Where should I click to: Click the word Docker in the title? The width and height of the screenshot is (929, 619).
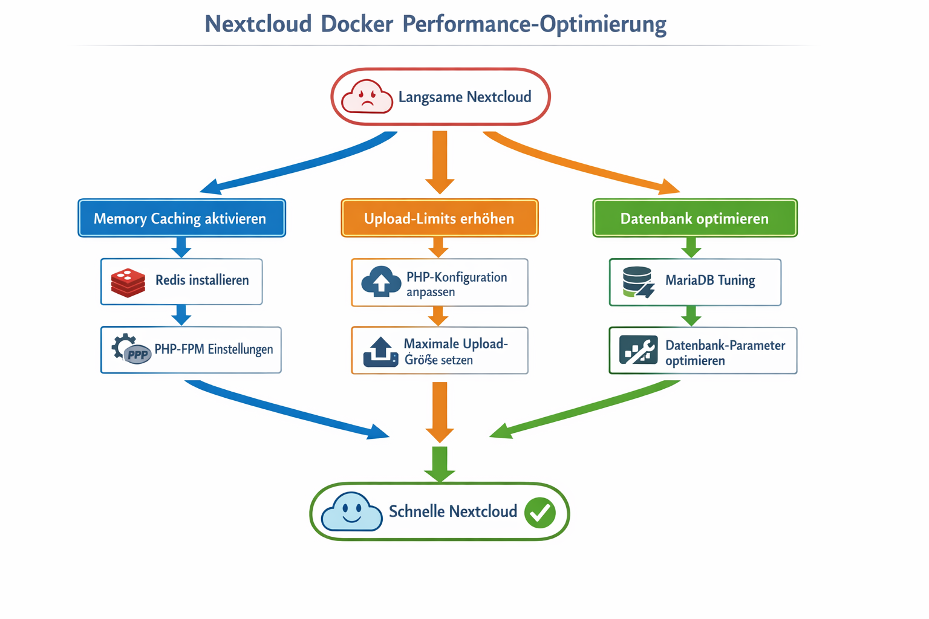357,24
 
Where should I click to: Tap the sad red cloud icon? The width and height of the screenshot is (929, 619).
367,97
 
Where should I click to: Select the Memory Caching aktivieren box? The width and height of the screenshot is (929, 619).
181,218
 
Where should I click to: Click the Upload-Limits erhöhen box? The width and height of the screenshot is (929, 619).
439,218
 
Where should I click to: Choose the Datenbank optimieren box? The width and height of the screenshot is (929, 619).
694,218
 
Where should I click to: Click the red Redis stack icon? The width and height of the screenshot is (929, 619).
128,282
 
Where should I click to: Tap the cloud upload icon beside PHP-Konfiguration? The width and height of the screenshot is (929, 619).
381,282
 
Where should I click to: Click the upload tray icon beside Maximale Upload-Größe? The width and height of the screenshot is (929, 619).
380,352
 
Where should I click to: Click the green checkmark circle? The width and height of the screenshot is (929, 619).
539,513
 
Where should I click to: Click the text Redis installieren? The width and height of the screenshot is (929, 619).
202,280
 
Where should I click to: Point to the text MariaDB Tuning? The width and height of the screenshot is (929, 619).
710,280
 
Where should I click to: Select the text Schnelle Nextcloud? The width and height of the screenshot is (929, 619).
452,512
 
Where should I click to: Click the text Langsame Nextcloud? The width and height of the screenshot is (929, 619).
464,97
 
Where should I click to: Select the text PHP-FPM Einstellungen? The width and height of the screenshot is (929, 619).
214,349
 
